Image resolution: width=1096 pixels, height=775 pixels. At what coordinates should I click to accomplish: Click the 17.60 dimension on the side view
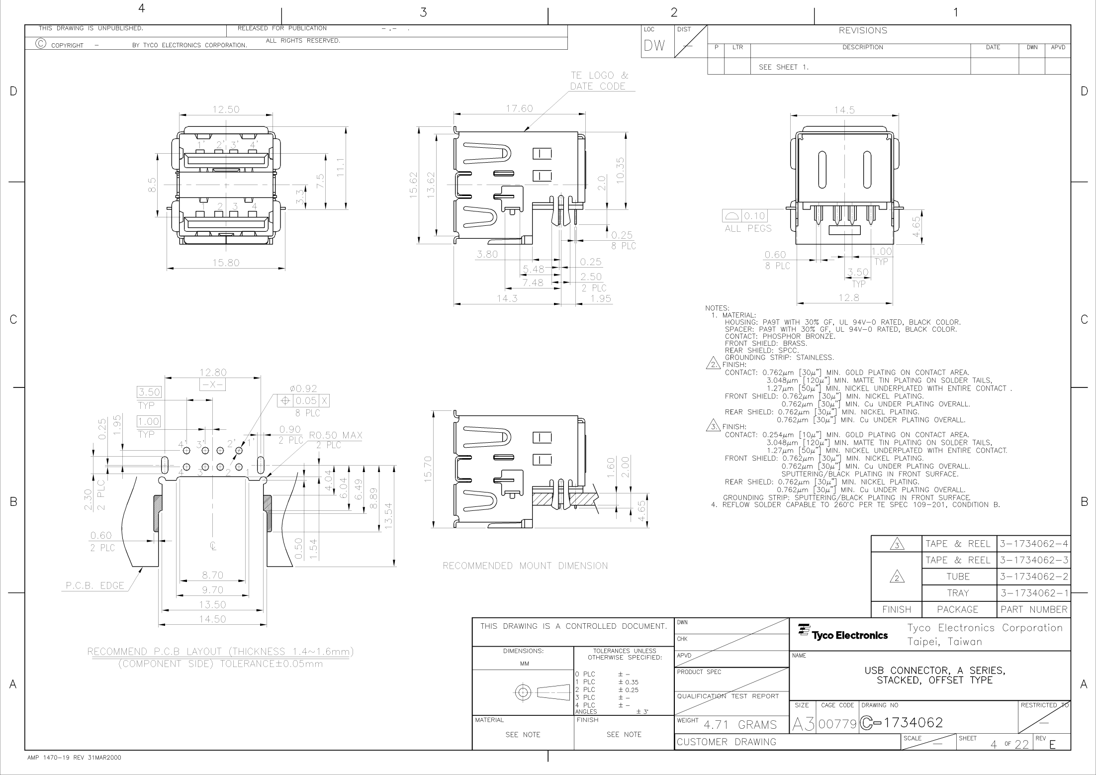(519, 108)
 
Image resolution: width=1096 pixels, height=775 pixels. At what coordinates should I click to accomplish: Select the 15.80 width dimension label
(226, 263)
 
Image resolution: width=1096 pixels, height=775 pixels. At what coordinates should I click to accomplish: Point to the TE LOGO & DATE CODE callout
(599, 81)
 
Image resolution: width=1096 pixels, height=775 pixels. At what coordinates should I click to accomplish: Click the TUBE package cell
(958, 577)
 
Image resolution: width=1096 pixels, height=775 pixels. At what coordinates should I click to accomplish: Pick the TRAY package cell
(958, 593)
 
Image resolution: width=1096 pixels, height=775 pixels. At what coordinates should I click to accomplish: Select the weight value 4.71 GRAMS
(740, 725)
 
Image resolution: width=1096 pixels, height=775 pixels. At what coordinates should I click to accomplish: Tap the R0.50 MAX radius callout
(336, 436)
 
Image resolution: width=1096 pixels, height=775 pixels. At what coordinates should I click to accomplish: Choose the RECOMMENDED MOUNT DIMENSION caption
(525, 566)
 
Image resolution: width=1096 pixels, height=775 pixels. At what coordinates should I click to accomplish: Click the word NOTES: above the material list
(717, 308)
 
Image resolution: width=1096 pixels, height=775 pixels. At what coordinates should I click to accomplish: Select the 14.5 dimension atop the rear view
(844, 110)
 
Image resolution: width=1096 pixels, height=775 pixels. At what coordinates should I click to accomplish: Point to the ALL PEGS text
(748, 228)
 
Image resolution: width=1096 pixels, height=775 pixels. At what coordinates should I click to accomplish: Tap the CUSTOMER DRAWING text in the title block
(726, 742)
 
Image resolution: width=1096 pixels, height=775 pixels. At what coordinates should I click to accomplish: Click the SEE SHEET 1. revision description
(784, 67)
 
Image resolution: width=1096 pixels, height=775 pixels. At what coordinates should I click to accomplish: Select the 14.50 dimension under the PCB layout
(212, 619)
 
